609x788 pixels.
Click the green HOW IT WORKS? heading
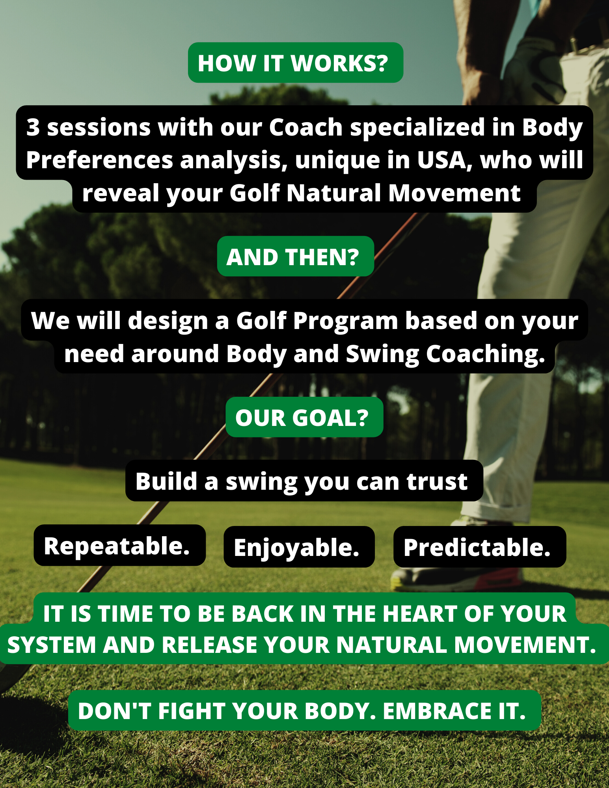coord(295,63)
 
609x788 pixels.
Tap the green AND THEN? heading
coord(295,256)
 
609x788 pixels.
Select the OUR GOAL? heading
coord(304,417)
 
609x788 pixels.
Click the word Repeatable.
coord(117,546)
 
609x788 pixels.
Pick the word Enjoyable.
coord(296,548)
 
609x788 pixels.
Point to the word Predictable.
coord(477,548)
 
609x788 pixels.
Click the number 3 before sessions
coord(33,127)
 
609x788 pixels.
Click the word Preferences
coord(100,160)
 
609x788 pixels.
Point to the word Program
coord(346,321)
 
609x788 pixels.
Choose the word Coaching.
coord(486,354)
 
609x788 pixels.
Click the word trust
coord(437,481)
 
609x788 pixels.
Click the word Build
coord(166,481)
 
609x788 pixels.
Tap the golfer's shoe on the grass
coord(457,575)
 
